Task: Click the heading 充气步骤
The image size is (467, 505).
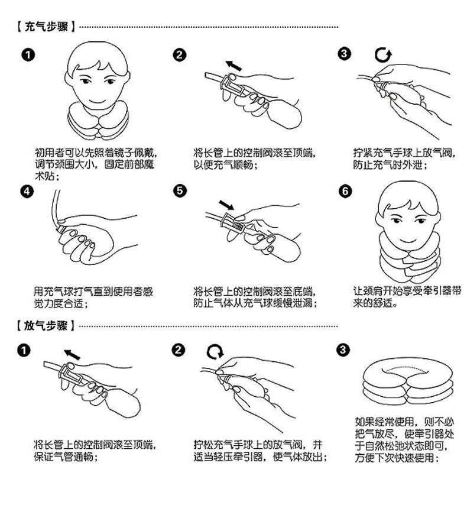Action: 46,27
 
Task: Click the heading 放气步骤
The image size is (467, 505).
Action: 46,326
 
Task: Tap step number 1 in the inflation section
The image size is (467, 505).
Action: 28,55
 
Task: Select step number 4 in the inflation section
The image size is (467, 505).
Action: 27,192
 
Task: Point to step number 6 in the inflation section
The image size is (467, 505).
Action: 345,191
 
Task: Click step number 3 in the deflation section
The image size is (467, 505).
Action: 343,349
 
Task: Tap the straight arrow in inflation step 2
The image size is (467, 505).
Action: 234,66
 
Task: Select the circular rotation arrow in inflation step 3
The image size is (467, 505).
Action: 383,55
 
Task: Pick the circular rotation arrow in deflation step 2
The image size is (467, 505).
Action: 215,351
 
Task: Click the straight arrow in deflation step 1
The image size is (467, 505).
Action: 72,355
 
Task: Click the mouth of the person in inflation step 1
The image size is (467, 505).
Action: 97,101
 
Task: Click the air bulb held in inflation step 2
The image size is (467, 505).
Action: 285,114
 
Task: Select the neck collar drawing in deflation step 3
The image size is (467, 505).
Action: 408,382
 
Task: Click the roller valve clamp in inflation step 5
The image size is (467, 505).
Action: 232,222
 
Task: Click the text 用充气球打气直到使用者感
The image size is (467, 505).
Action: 93,292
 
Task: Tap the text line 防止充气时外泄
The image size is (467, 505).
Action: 391,165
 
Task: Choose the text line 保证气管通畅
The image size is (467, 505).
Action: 66,457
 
